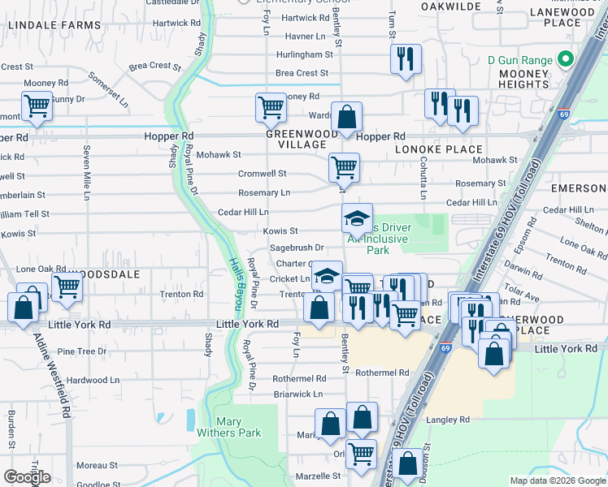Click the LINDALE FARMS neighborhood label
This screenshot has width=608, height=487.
[55, 25]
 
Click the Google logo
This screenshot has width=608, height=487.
[27, 476]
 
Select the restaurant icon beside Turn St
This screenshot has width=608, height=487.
[405, 60]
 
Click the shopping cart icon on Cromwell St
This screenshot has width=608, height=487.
[344, 168]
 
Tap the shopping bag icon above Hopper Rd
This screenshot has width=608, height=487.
[346, 118]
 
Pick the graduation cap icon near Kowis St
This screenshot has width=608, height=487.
[356, 219]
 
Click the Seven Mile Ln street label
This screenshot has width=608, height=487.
[85, 172]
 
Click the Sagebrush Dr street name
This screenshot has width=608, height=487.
[297, 248]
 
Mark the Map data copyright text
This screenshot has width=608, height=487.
[558, 481]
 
